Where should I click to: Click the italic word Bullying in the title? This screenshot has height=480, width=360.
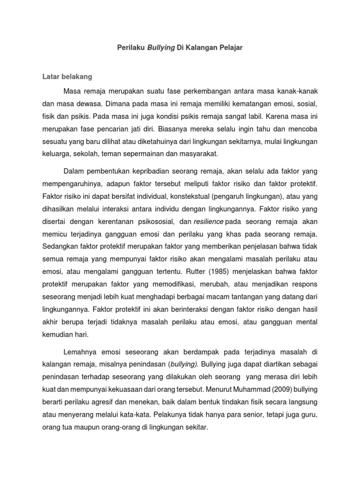tap(161, 48)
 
